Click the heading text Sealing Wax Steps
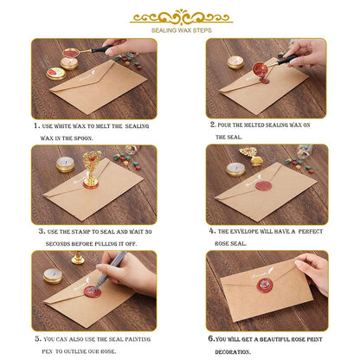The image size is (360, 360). (182, 30)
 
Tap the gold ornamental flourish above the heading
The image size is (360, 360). (182, 17)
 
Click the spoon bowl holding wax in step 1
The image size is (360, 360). (71, 53)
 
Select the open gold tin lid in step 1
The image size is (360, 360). (56, 74)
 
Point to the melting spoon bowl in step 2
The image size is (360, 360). (260, 69)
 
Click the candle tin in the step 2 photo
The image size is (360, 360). (235, 62)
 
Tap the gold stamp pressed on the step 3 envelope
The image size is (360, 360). (92, 170)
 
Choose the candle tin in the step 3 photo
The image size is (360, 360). (65, 164)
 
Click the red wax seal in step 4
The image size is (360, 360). (264, 185)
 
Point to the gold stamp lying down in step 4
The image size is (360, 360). (252, 156)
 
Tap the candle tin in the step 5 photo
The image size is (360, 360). (53, 276)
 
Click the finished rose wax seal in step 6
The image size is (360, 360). (265, 286)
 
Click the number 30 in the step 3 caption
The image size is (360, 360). (148, 232)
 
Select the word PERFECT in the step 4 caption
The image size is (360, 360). (311, 231)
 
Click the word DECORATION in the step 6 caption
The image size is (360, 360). (233, 352)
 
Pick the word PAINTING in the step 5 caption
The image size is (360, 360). (138, 339)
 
